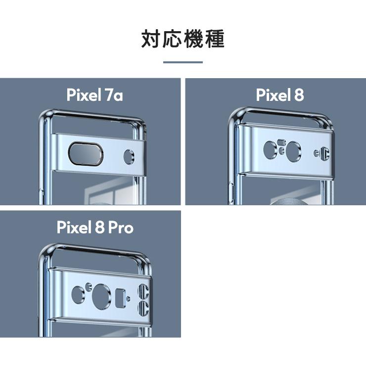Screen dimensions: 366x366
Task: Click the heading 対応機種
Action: pos(183,39)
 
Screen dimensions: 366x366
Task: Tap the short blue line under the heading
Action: pos(183,62)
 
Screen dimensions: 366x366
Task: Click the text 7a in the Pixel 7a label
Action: pos(114,95)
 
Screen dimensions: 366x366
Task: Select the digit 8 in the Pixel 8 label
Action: pos(298,95)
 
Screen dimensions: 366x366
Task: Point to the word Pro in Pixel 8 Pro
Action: pos(120,228)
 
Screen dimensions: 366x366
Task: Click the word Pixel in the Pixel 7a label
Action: pos(83,95)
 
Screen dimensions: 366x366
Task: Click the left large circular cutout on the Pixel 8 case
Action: pos(271,150)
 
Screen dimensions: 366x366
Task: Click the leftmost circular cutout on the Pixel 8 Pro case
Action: pos(78,294)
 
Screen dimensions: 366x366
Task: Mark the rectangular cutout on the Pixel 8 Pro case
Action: pos(119,298)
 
